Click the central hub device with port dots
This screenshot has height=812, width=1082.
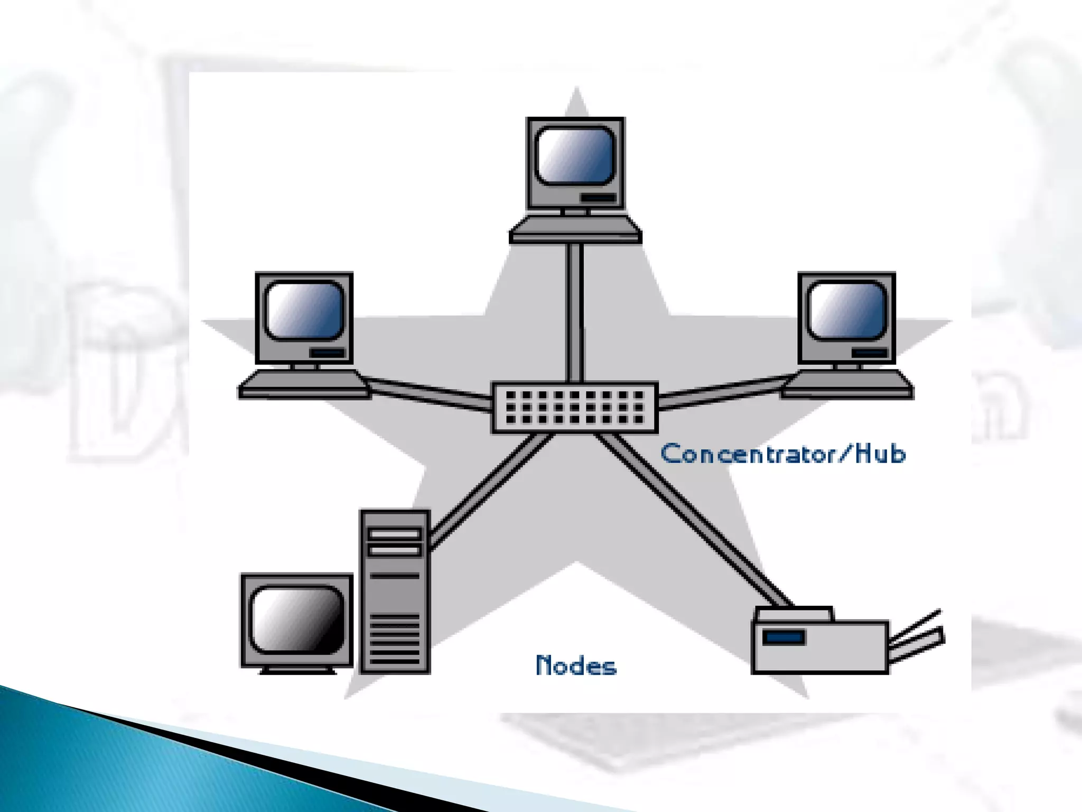(x=574, y=408)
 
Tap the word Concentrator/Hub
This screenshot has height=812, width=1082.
(x=783, y=454)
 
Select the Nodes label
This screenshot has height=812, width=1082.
(x=576, y=666)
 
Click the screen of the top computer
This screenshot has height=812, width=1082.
(x=575, y=155)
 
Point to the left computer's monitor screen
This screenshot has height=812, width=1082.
(x=304, y=311)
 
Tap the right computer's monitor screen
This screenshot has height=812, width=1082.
(x=847, y=311)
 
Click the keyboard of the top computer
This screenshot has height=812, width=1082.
(x=575, y=230)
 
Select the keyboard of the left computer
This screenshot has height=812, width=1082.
(x=303, y=385)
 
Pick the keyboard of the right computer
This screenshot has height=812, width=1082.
(x=847, y=385)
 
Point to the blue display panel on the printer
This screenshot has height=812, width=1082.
(x=783, y=637)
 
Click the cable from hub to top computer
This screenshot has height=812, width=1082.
(x=575, y=312)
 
